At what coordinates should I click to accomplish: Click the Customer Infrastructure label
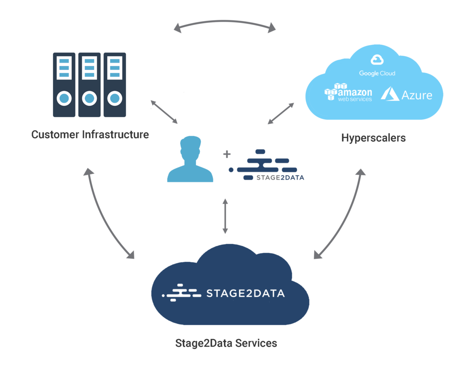click(90, 134)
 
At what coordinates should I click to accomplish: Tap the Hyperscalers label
click(373, 138)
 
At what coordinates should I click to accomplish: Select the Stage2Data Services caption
click(226, 343)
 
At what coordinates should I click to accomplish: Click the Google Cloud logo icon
click(377, 59)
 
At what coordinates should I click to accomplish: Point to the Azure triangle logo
click(391, 93)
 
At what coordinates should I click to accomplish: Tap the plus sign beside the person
click(227, 154)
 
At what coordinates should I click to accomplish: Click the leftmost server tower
click(64, 84)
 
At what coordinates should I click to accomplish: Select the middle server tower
click(89, 84)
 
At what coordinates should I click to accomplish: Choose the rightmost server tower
click(115, 84)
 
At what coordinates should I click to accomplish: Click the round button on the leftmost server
click(64, 97)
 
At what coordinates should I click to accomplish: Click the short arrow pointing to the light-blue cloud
click(281, 113)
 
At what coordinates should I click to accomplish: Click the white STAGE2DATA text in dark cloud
click(245, 294)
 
